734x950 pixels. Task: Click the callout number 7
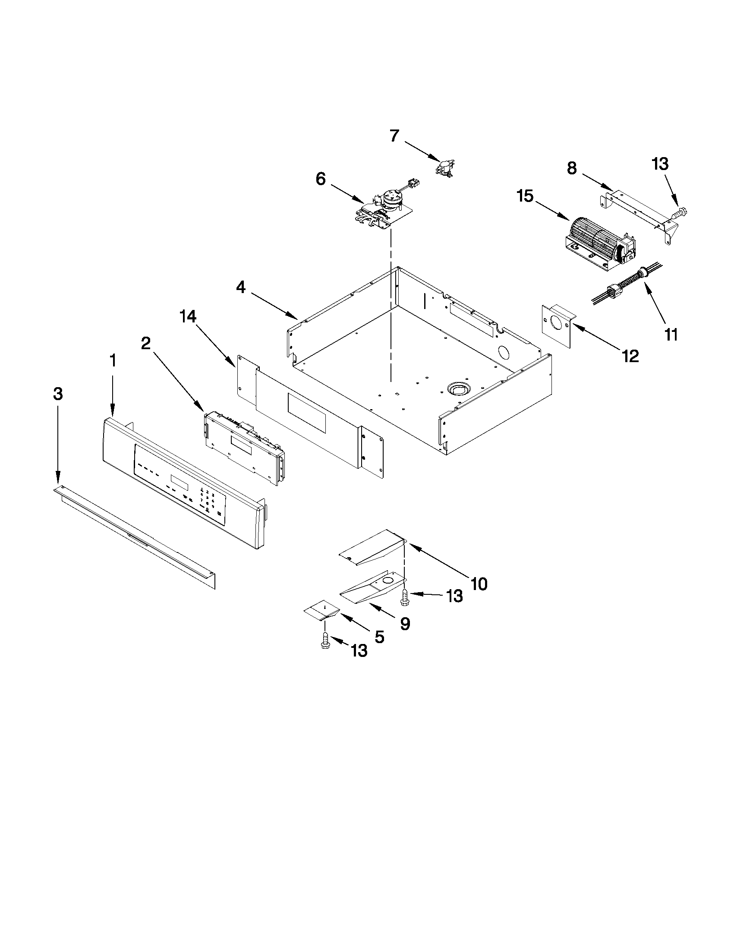(x=394, y=136)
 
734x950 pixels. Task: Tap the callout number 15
(x=525, y=196)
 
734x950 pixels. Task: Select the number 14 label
(x=188, y=317)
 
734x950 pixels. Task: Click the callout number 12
(x=630, y=356)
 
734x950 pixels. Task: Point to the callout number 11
(x=671, y=335)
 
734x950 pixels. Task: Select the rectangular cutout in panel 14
(x=306, y=413)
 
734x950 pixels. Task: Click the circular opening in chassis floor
(x=456, y=387)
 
